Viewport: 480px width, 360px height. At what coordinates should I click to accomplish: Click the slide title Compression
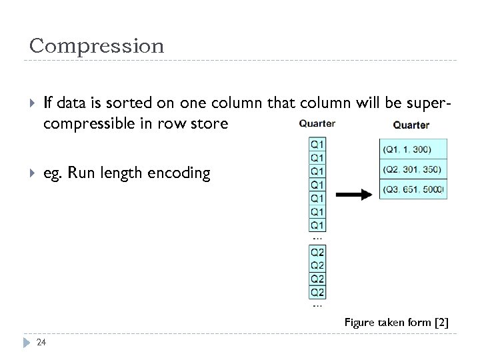(x=97, y=46)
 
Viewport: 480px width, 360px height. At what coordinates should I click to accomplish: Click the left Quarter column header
(x=317, y=124)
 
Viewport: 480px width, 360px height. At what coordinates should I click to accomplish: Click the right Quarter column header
(x=411, y=125)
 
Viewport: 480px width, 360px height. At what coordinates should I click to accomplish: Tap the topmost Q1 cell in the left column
(x=317, y=144)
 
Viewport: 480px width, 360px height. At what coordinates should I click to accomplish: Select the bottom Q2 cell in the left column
(x=317, y=292)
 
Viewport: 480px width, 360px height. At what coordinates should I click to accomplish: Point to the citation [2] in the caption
(x=441, y=323)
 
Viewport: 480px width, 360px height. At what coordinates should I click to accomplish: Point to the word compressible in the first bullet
(x=84, y=124)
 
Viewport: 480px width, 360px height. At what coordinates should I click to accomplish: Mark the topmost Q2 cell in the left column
(x=317, y=252)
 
